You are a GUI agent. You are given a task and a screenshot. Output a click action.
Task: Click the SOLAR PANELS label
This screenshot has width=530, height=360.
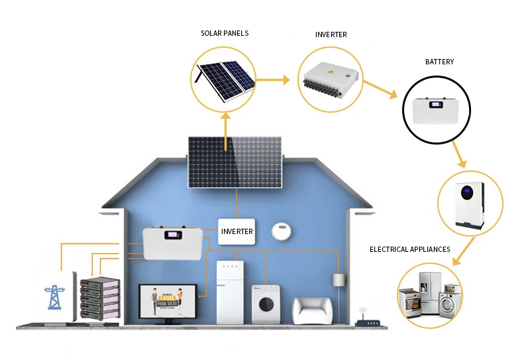[225, 33]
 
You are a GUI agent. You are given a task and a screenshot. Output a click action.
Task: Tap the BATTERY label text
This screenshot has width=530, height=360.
[439, 62]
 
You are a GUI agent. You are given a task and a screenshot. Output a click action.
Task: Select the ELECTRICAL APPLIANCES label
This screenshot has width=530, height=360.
[410, 249]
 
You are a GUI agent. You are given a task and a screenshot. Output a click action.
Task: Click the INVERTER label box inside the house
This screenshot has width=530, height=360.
[237, 231]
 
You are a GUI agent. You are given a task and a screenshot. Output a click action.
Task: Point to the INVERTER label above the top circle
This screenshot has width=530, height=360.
[331, 34]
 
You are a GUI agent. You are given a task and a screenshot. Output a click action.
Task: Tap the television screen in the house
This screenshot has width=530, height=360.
[166, 302]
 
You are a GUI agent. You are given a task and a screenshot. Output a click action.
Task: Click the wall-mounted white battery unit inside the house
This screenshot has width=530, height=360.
[172, 243]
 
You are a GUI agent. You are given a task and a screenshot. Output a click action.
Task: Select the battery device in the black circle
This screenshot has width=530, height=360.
[437, 110]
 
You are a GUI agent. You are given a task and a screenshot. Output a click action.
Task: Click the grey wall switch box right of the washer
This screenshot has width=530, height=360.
[338, 279]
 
